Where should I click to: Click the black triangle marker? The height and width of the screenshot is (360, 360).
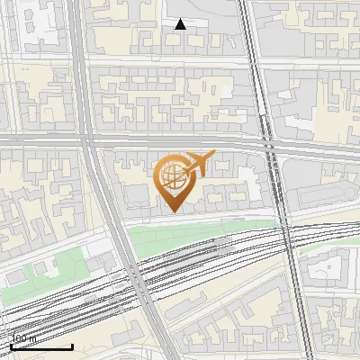[180, 24]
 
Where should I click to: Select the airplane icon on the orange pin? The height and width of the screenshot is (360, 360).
[198, 163]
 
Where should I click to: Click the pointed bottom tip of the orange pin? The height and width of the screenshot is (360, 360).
[171, 211]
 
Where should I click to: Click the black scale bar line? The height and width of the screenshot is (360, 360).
[40, 346]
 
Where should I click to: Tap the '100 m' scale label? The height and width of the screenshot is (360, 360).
[23, 339]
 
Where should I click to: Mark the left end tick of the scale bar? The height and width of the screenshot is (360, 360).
[10, 345]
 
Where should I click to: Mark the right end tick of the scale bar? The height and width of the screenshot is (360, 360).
[72, 345]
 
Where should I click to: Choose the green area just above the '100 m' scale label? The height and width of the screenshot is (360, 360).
[54, 270]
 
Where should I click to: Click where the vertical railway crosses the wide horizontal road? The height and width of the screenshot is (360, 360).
[266, 144]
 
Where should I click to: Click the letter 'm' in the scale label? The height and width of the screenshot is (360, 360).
[33, 339]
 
